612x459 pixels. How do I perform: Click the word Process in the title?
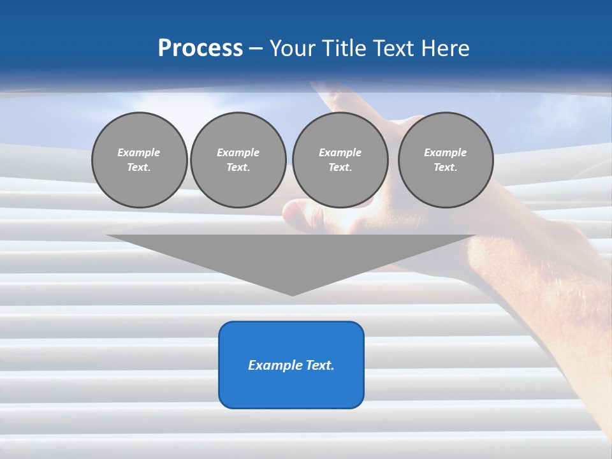pos(200,48)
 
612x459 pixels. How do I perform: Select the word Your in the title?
pos(291,48)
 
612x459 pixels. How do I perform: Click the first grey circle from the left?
pos(139,160)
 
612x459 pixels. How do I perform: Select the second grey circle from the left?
pos(238,160)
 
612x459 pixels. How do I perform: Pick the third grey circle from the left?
pos(340,160)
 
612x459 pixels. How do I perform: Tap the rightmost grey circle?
pos(446,160)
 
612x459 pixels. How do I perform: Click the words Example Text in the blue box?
pos(291,365)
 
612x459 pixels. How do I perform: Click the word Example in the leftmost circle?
pos(139,152)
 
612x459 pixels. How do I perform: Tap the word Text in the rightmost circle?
pos(445,168)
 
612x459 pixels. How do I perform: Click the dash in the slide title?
pos(256,48)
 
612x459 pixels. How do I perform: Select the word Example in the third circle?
pos(340,152)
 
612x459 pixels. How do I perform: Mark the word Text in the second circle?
pos(238,168)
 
